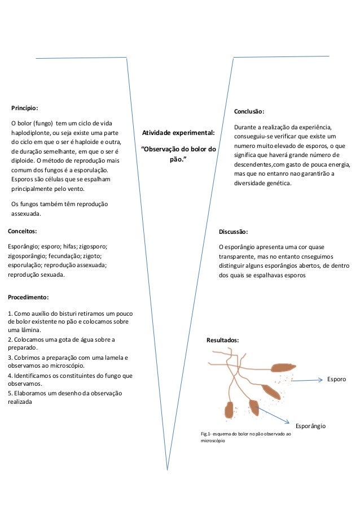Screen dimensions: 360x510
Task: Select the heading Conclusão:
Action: [249, 111]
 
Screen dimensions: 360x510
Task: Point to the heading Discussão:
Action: [233, 232]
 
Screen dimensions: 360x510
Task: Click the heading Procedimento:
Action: [28, 297]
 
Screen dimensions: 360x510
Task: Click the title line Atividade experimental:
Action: [178, 133]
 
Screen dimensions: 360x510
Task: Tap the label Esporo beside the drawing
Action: [337, 380]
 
